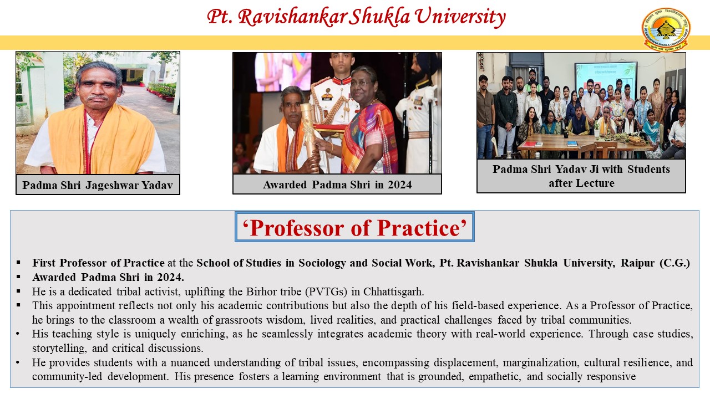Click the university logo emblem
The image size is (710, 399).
pyautogui.click(x=666, y=30)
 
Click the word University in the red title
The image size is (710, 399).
pyautogui.click(x=460, y=17)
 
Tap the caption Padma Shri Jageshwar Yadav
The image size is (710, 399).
pyautogui.click(x=98, y=185)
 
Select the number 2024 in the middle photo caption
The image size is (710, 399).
pyautogui.click(x=400, y=185)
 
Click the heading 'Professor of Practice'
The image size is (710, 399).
pyautogui.click(x=354, y=228)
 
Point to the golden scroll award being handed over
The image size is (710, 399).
pyautogui.click(x=310, y=137)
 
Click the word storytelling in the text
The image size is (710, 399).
pyautogui.click(x=59, y=349)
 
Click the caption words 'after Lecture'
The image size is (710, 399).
pyautogui.click(x=581, y=183)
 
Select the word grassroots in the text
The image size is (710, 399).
pyautogui.click(x=239, y=320)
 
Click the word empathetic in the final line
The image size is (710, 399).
pyautogui.click(x=495, y=377)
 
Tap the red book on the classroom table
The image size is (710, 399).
pyautogui.click(x=529, y=145)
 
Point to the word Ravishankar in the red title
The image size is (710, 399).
pyautogui.click(x=292, y=17)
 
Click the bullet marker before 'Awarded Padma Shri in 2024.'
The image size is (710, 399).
pyautogui.click(x=18, y=277)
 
